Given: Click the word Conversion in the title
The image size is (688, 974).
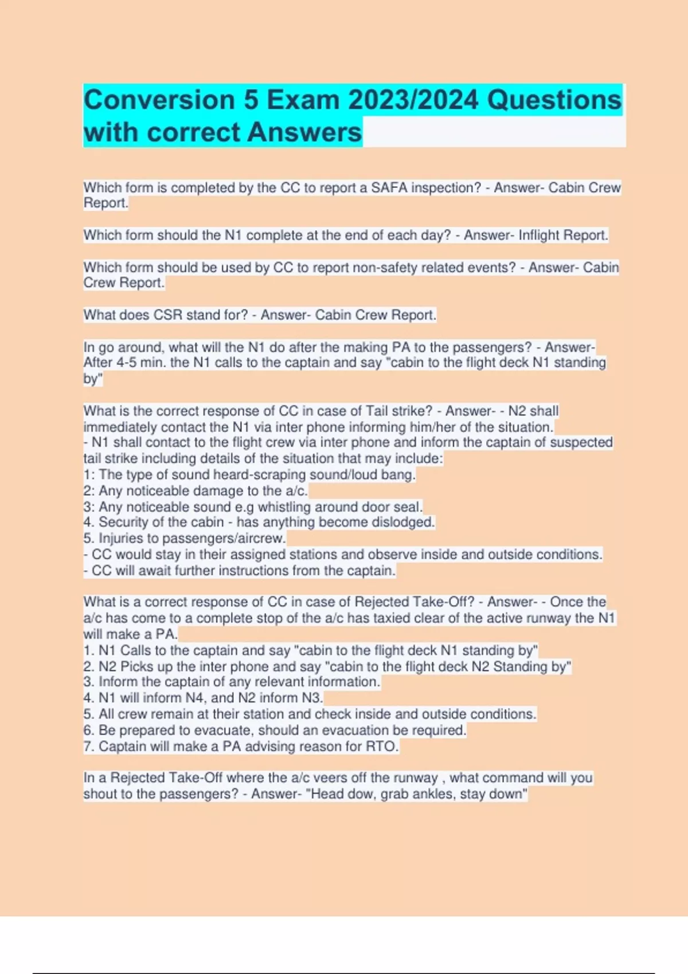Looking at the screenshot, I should click(x=159, y=100).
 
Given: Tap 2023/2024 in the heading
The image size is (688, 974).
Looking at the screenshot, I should click(x=413, y=100).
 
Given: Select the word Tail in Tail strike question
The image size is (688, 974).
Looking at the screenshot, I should click(x=381, y=411).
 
